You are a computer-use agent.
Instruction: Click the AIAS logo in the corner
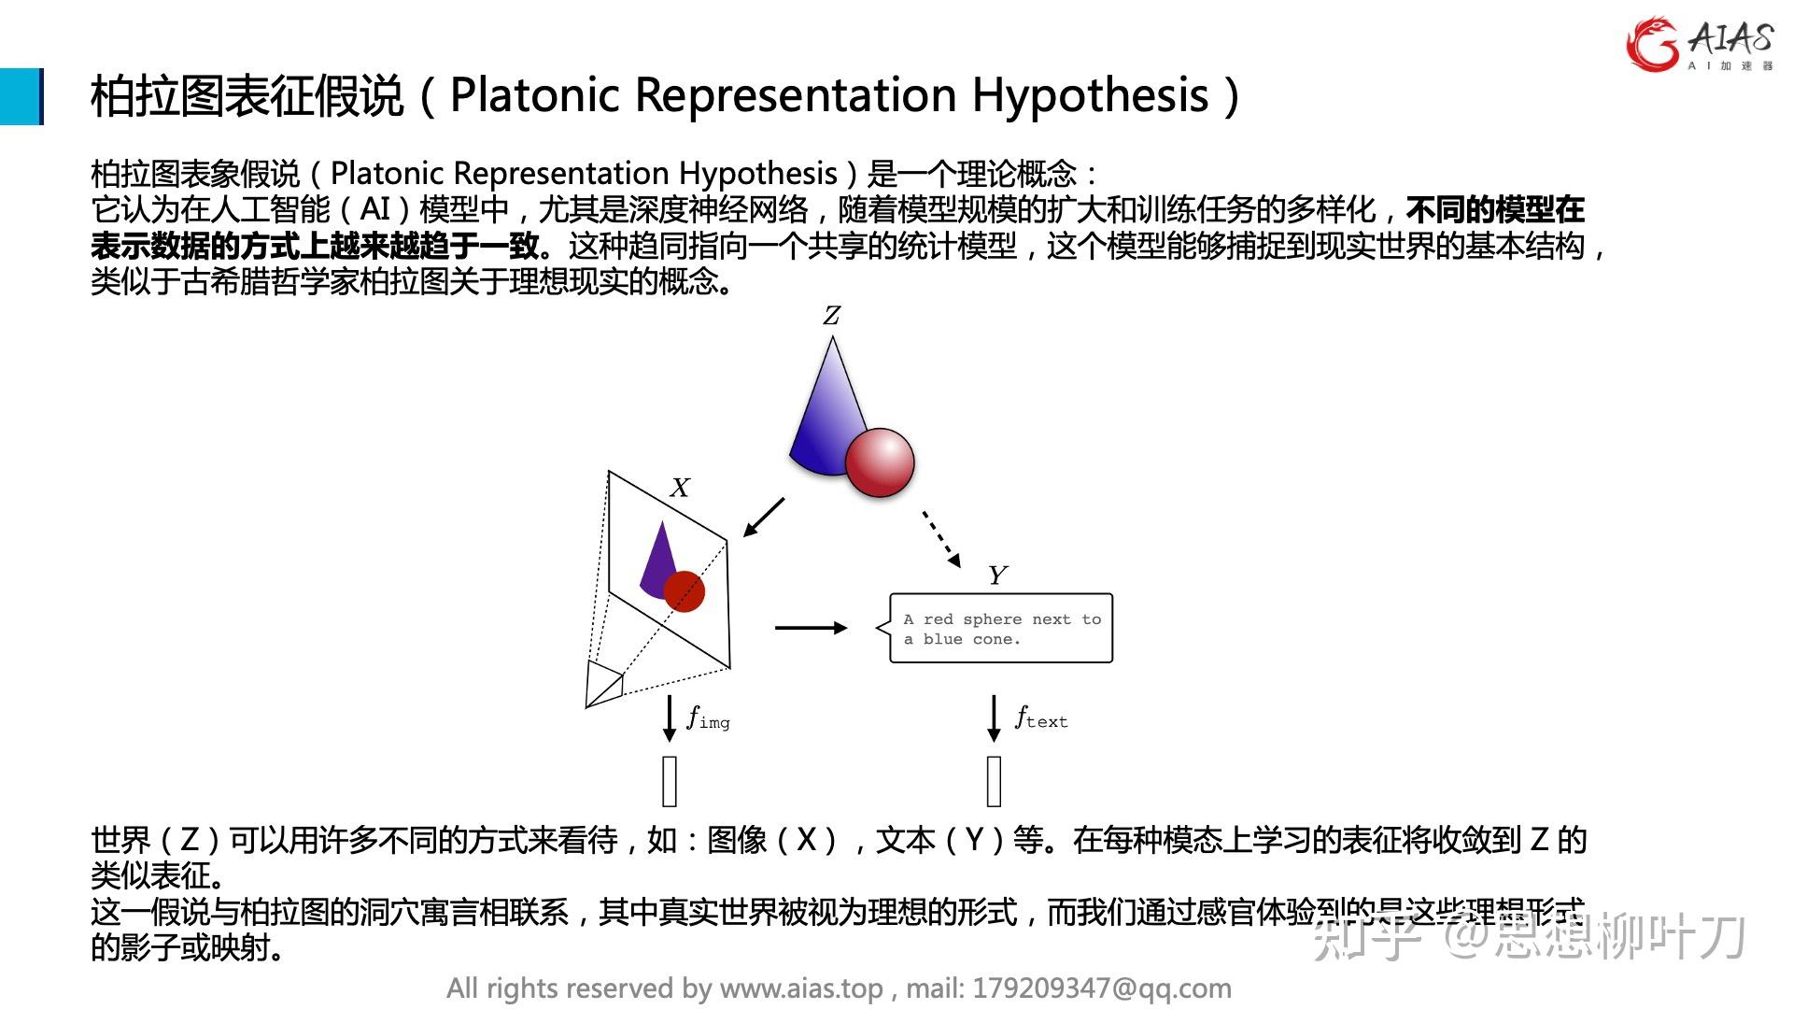click(x=1699, y=44)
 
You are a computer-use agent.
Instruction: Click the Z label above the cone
click(x=831, y=316)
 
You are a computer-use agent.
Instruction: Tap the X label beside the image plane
click(x=680, y=488)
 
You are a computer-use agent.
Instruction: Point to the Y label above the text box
click(x=997, y=575)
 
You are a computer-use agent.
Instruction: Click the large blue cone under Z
click(x=830, y=411)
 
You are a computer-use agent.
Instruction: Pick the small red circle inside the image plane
click(x=685, y=591)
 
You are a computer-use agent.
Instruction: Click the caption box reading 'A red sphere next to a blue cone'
click(x=1001, y=629)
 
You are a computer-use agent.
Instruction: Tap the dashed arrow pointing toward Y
click(x=941, y=539)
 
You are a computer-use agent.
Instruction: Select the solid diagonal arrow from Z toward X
click(x=764, y=517)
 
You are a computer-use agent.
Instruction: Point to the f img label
click(x=708, y=718)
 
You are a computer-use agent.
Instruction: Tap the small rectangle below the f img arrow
click(x=670, y=781)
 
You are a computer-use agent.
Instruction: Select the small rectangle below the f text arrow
click(x=994, y=781)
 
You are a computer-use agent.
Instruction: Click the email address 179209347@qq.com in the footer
click(x=1102, y=988)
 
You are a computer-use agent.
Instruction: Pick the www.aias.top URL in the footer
click(x=801, y=988)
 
